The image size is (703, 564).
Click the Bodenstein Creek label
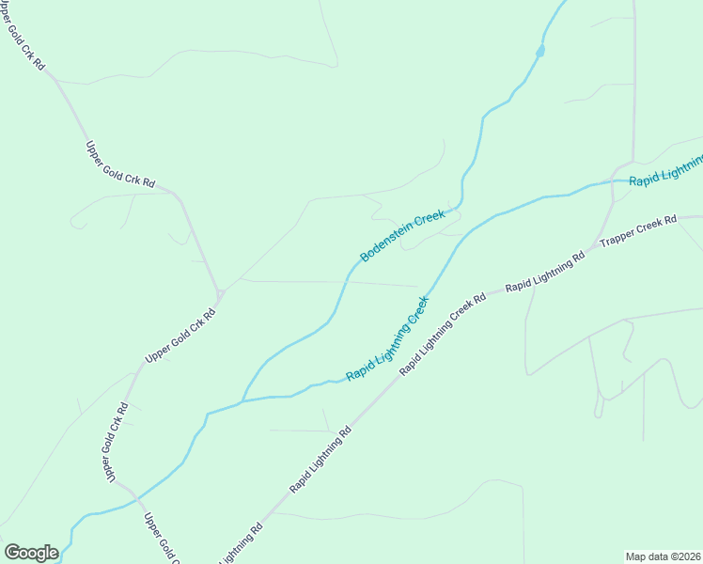click(x=402, y=236)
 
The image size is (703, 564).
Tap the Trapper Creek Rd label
click(x=638, y=231)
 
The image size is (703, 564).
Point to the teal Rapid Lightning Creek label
click(x=387, y=338)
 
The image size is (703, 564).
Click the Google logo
click(x=31, y=553)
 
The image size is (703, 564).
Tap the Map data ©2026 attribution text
click(x=664, y=556)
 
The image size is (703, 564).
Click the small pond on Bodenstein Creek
click(x=540, y=51)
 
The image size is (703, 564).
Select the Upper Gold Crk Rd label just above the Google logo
click(x=160, y=537)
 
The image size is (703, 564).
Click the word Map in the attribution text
click(x=637, y=556)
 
